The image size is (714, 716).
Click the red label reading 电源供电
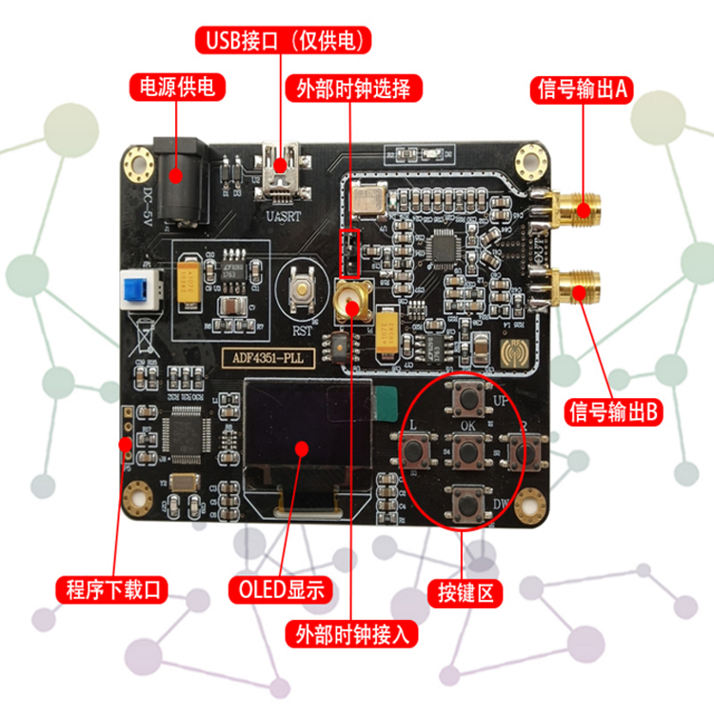(177, 89)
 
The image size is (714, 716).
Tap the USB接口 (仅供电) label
(283, 41)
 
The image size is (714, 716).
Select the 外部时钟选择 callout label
(353, 89)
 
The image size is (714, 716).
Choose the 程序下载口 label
(111, 589)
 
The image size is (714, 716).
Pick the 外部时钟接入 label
(353, 633)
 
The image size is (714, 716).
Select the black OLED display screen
(304, 446)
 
